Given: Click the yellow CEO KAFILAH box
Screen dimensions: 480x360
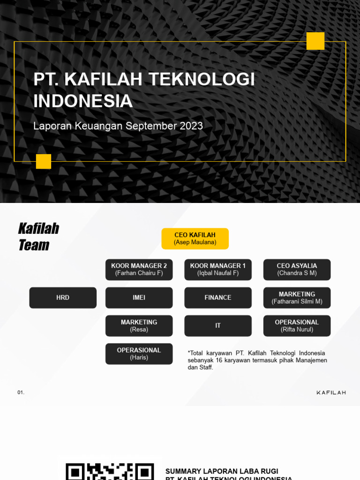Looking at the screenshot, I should pos(195,239).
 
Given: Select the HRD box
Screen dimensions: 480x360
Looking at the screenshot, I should pos(63,298).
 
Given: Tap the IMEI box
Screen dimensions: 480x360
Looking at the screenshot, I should pos(139,298).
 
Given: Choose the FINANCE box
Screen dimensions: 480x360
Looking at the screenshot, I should pos(218,298).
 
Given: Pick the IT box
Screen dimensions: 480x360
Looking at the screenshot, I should pos(218,325).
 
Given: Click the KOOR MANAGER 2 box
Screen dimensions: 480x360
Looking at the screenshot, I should pos(139,270).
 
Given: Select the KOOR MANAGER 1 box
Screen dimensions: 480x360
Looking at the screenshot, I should pos(218,270).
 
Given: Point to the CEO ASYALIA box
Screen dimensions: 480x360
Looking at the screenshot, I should pos(297,270).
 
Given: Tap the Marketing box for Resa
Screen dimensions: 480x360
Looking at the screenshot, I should pos(139,325).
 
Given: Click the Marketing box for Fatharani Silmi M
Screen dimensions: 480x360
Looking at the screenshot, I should pos(297,298).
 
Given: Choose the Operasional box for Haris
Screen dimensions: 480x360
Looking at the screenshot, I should pos(139,353).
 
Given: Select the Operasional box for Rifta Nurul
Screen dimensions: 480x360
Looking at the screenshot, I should pos(297,325).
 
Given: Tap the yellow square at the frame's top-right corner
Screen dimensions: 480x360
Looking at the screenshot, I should pos(315,41).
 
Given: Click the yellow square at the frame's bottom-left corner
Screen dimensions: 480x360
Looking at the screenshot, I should pos(44,161).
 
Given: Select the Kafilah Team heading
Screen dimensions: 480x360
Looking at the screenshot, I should pos(38,237).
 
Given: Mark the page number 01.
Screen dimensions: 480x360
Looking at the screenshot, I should pos(21,392).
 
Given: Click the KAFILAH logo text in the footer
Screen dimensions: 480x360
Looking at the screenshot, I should pos(331,392).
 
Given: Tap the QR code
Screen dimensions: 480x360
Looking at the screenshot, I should pos(110,471).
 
